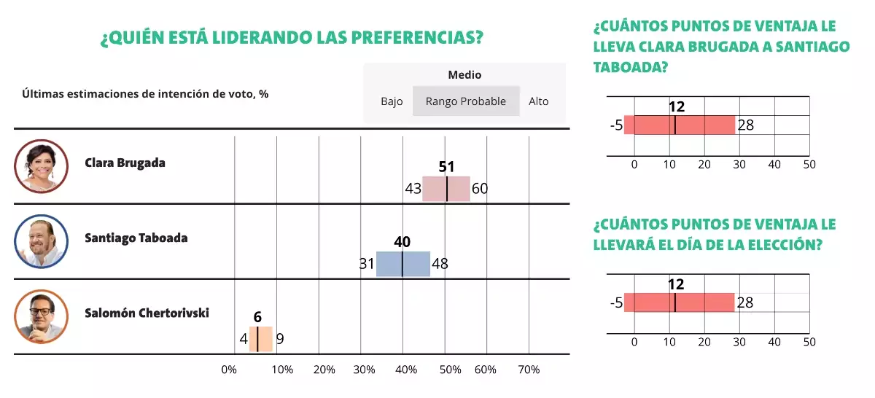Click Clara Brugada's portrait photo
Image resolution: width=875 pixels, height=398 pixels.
(41, 165)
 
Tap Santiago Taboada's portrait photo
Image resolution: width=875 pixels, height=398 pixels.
(41, 241)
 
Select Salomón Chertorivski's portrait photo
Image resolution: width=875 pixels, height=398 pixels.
(41, 316)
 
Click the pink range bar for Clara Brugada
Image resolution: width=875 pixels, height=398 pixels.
(446, 188)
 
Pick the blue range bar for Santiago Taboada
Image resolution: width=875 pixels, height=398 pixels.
(402, 264)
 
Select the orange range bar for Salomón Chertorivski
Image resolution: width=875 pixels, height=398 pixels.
(260, 339)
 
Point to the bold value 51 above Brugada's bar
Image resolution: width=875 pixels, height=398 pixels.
(446, 167)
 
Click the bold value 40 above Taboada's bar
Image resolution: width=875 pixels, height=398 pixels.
(402, 242)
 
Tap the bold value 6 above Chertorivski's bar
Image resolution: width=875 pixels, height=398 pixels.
(257, 317)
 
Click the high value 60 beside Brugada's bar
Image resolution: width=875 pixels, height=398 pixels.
(480, 189)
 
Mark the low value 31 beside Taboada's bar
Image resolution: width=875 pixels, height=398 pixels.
(366, 264)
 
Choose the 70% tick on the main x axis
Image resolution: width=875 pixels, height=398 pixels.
(529, 370)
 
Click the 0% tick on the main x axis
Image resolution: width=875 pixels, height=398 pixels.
(229, 370)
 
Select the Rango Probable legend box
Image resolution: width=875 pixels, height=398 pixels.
(466, 101)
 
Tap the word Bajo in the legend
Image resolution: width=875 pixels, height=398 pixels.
(392, 101)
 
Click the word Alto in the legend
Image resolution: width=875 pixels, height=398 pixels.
(538, 101)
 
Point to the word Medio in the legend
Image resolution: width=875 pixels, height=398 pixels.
(464, 75)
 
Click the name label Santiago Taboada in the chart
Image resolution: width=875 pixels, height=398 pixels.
(136, 238)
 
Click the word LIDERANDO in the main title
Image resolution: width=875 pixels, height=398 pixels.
(244, 38)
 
